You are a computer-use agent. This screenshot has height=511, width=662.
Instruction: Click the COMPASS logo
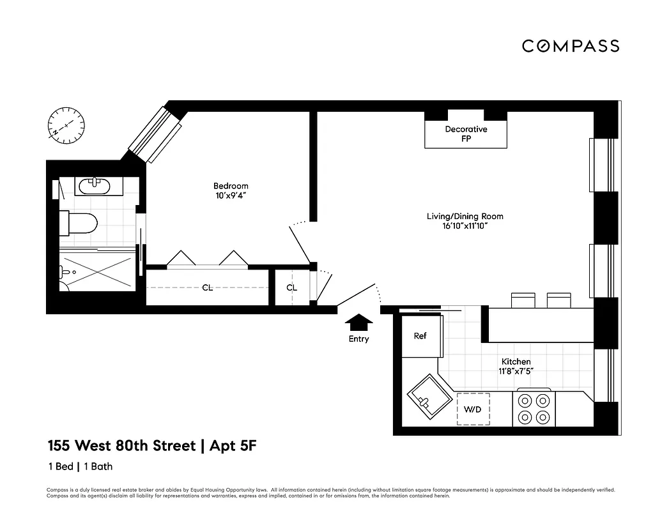tap(570, 46)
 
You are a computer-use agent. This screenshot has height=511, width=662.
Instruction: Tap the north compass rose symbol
tap(66, 125)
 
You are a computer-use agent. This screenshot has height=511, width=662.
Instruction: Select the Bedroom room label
tap(231, 186)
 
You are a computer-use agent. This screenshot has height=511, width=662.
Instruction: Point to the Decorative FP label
tap(466, 133)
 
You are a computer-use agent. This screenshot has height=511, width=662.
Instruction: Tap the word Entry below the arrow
tap(358, 339)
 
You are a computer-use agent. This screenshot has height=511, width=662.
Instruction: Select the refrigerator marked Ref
tap(420, 336)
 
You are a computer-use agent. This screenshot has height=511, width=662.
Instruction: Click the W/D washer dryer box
tap(473, 408)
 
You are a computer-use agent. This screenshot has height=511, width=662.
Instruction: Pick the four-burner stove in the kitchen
tap(534, 409)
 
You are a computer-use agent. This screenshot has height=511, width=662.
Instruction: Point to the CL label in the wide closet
tap(207, 288)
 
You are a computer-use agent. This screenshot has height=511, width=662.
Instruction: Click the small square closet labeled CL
tap(291, 288)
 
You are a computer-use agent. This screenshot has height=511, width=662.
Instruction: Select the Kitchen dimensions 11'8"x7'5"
tap(516, 371)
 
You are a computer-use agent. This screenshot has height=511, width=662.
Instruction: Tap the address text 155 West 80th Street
tap(121, 445)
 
